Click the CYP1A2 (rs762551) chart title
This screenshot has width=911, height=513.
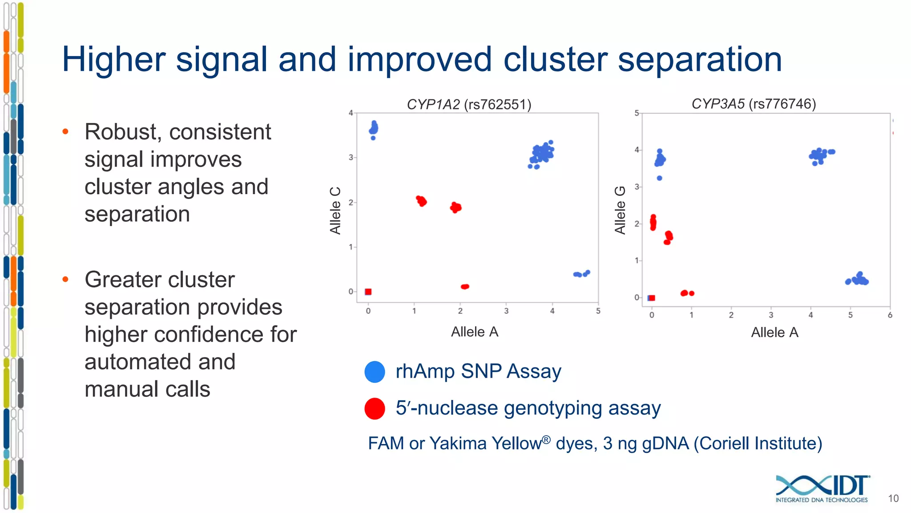(469, 104)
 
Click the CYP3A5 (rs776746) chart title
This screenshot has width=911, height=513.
(754, 104)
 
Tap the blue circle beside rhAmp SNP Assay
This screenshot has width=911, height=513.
(375, 372)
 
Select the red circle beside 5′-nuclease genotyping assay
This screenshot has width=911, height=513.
(375, 408)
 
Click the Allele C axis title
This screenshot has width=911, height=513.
(335, 211)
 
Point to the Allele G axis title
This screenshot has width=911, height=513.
(620, 210)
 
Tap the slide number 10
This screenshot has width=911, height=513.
(893, 498)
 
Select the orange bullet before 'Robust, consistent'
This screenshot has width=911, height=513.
(65, 131)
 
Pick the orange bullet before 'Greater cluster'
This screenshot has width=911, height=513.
(65, 279)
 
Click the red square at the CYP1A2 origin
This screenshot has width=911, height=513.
(368, 292)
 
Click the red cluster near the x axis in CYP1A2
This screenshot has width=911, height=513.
(465, 286)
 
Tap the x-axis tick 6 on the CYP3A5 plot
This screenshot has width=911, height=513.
(890, 315)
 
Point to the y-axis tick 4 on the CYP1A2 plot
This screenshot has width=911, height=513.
(351, 113)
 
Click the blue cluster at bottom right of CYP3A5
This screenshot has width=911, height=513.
(858, 280)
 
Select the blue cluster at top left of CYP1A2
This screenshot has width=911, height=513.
(374, 129)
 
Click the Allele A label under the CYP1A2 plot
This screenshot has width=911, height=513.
(475, 332)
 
